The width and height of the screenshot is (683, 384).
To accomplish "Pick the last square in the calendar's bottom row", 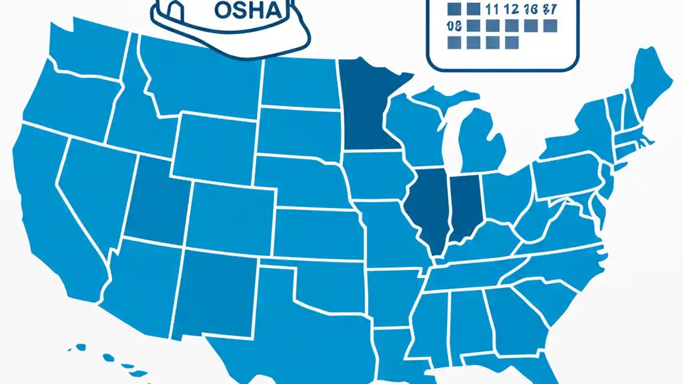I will click(511, 42).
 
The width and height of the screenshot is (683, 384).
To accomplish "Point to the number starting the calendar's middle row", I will click(454, 26).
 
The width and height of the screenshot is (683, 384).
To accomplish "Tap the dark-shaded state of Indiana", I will click(466, 205).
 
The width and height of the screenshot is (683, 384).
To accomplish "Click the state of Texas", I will click(277, 320).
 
